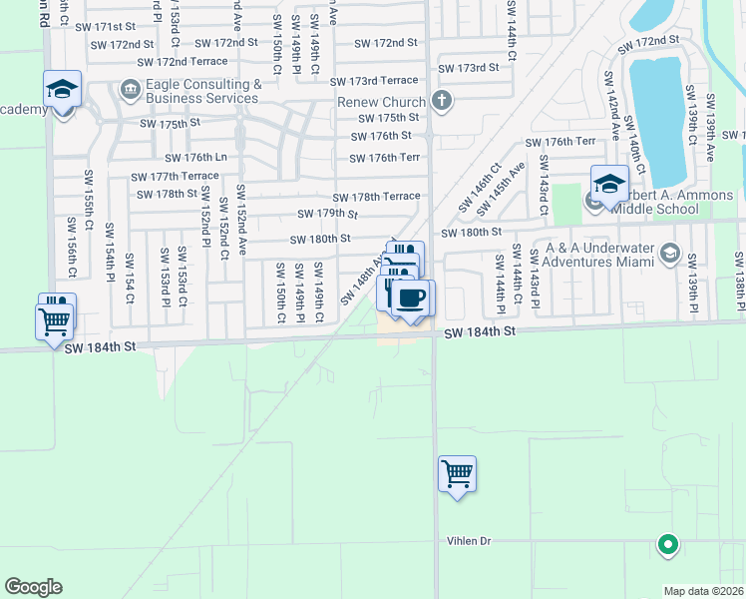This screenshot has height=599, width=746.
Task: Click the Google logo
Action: (33, 587)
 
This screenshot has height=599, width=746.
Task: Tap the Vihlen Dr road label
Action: (469, 541)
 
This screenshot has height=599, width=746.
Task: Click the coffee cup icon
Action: (412, 298)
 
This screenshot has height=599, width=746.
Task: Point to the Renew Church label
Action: (382, 102)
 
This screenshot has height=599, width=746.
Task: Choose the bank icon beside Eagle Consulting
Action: (131, 91)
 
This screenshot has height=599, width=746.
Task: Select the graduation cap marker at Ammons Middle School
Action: (608, 185)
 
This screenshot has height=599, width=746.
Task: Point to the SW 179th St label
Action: (327, 214)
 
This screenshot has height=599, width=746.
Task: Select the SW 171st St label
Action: (108, 26)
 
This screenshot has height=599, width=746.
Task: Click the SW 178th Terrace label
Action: (376, 198)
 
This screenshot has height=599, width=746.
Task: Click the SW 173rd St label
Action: (471, 67)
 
